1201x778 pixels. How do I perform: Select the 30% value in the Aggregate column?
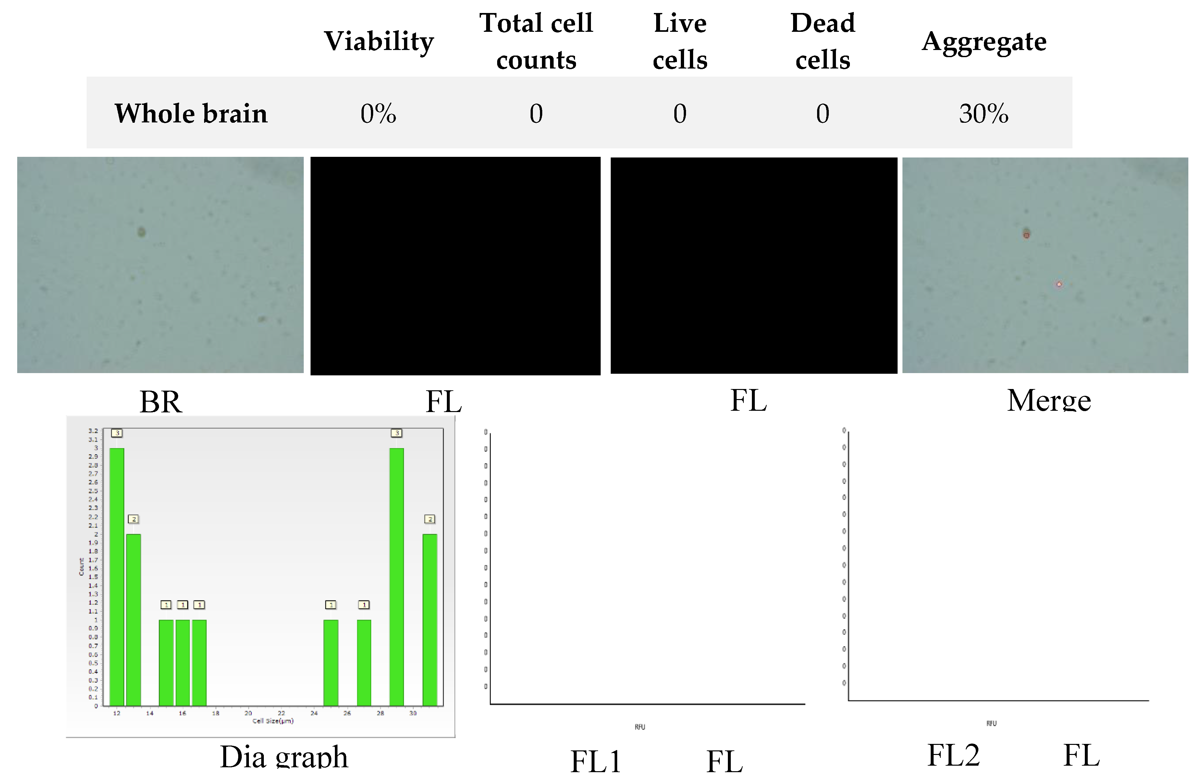984,114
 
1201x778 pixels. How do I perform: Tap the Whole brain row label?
191,114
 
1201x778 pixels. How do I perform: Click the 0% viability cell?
378,114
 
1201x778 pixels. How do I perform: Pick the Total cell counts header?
536,41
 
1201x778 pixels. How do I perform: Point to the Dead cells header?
823,41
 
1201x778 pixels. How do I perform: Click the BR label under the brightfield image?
161,402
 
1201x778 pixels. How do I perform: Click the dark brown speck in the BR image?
142,232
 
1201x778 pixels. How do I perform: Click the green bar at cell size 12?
116,576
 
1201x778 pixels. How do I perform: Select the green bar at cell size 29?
397,576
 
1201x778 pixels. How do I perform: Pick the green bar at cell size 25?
331,662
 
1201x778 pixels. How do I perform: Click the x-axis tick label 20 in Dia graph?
248,713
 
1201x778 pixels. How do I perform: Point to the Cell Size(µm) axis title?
273,721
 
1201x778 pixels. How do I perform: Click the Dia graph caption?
284,757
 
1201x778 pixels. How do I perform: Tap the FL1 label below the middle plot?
595,761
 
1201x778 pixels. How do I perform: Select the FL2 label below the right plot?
953,755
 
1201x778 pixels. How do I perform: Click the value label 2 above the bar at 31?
429,519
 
